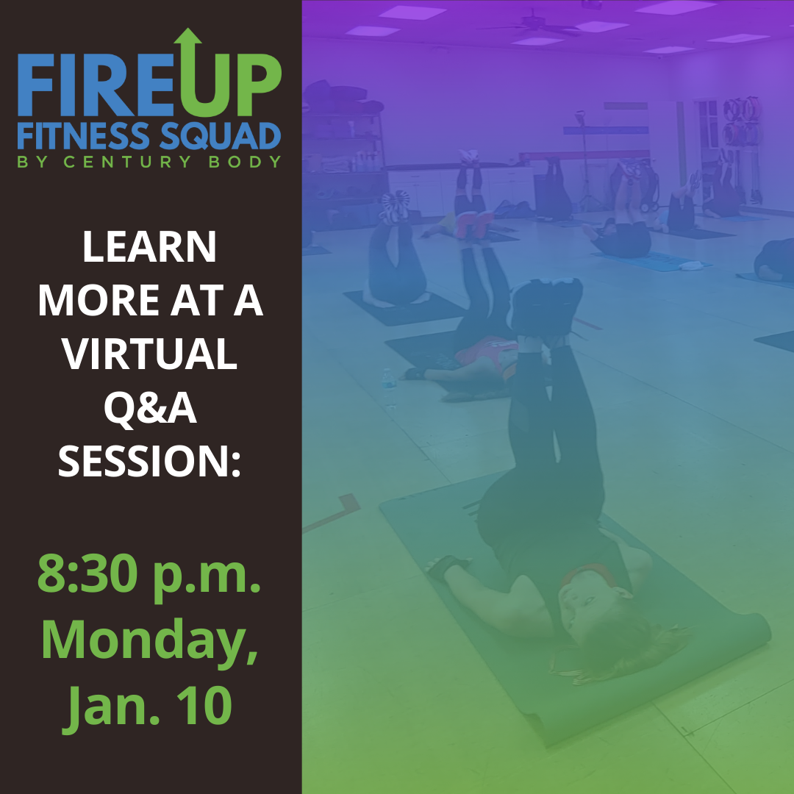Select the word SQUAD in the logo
(221, 137)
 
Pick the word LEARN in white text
(149, 247)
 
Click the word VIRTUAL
(149, 354)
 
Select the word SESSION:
(149, 461)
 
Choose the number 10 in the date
(204, 704)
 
